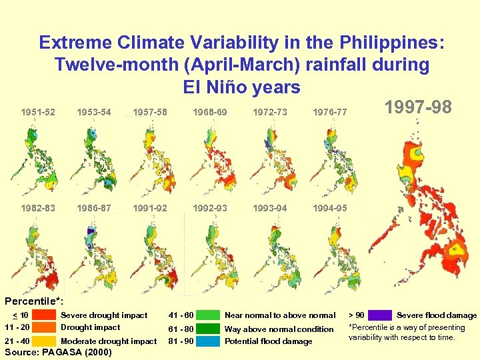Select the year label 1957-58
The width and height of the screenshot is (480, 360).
[x=150, y=112]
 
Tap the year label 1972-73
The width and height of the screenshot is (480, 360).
[x=270, y=112]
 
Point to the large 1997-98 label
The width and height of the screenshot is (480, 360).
[x=418, y=107]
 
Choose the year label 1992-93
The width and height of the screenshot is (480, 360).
[x=210, y=208]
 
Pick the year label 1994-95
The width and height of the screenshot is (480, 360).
[x=330, y=208]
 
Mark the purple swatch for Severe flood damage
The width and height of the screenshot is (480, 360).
[x=380, y=315]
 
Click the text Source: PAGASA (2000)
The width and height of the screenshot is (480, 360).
[x=58, y=351]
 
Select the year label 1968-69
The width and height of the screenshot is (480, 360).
[x=210, y=112]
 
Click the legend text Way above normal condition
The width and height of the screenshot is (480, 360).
[x=279, y=329]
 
